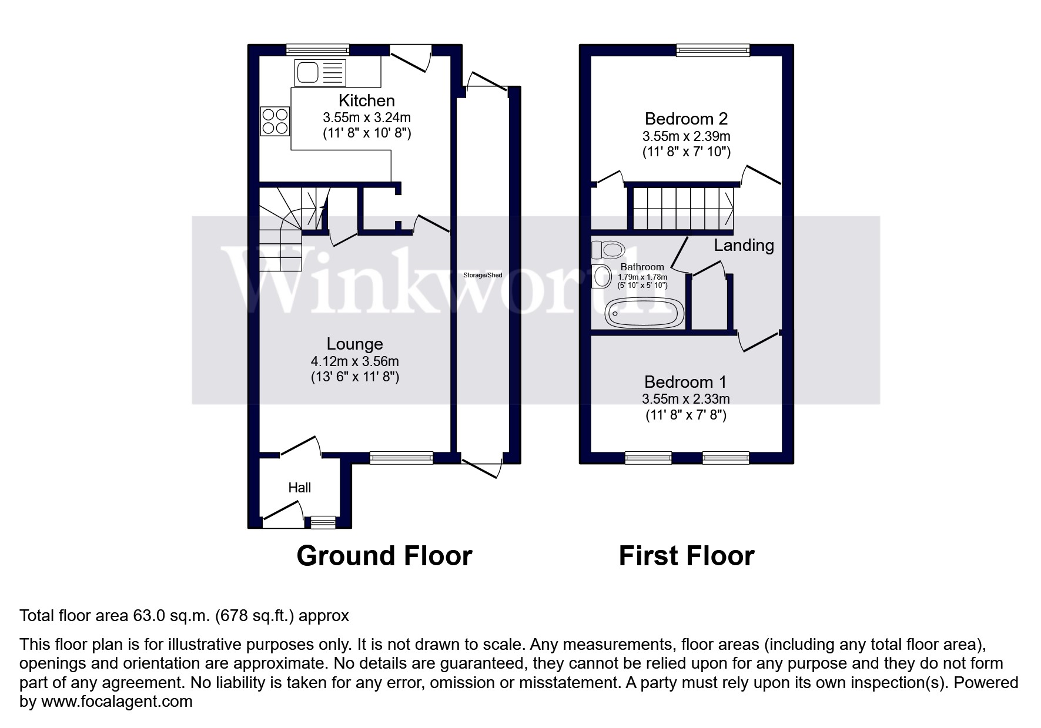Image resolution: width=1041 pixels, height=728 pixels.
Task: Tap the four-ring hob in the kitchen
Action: (275, 121)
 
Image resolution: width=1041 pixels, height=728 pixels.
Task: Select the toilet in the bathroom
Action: (608, 250)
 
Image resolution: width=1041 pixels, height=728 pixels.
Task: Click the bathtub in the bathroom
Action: (645, 313)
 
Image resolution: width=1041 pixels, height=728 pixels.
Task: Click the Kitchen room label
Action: (367, 100)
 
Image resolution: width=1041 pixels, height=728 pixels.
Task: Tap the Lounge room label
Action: (354, 344)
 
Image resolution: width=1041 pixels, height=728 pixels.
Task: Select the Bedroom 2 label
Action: (686, 119)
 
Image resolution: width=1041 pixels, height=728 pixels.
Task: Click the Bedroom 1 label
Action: (685, 382)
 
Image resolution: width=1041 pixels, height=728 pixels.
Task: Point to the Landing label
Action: (744, 245)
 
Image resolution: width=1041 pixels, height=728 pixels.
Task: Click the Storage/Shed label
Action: (483, 275)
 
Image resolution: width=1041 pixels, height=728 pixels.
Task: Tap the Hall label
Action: (299, 487)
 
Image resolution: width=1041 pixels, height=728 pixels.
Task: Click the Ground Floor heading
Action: (384, 556)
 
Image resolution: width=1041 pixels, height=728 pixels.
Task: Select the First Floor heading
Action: (687, 556)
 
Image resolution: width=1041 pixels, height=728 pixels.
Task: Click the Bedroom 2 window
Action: (713, 51)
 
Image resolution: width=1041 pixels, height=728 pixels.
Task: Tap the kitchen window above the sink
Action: (317, 50)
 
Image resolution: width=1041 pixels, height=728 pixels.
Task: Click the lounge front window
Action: (401, 458)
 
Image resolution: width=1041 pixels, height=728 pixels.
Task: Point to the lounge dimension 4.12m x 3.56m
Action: (354, 361)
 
